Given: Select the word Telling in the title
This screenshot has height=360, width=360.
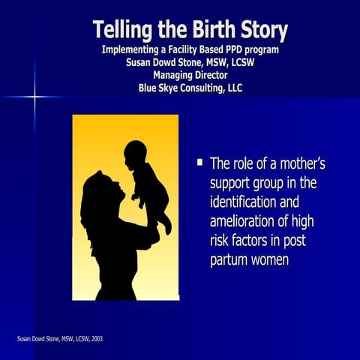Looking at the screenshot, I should click(x=123, y=31).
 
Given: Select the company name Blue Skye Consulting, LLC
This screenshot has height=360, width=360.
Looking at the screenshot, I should click(x=190, y=88).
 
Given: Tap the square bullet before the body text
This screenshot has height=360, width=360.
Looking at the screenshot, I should click(x=199, y=161).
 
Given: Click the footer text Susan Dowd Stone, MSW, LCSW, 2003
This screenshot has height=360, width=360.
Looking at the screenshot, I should click(x=60, y=339).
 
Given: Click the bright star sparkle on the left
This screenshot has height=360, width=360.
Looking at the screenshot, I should click(x=34, y=96).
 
